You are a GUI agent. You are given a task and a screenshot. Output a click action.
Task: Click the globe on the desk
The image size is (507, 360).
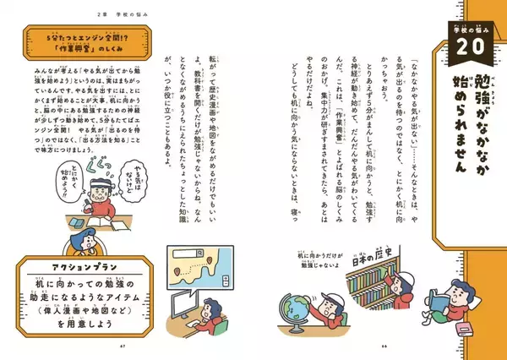click(x=302, y=300)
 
